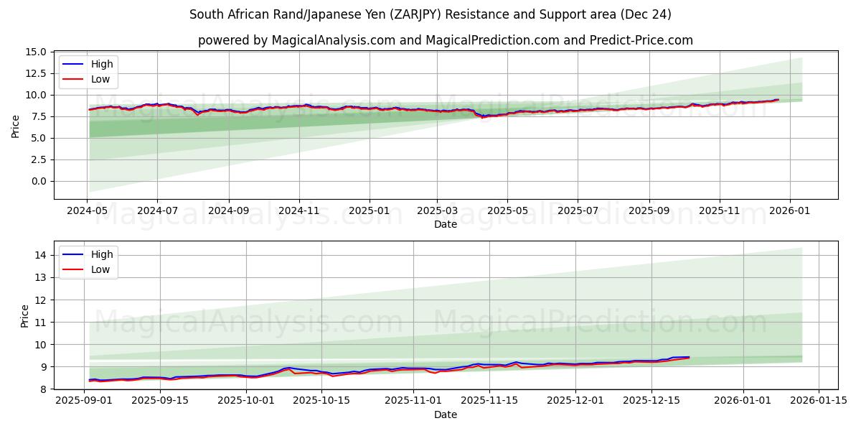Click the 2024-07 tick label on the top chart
[x=157, y=211]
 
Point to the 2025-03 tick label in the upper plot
[x=437, y=211]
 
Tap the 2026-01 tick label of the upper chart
[x=789, y=211]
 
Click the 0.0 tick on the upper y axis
[x=40, y=181]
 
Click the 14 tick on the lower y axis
[x=41, y=255]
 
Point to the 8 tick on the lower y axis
[x=44, y=389]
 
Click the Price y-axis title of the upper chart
[x=16, y=126]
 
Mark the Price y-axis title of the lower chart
[x=25, y=315]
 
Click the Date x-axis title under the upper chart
[x=446, y=224]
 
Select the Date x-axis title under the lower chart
[x=446, y=414]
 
